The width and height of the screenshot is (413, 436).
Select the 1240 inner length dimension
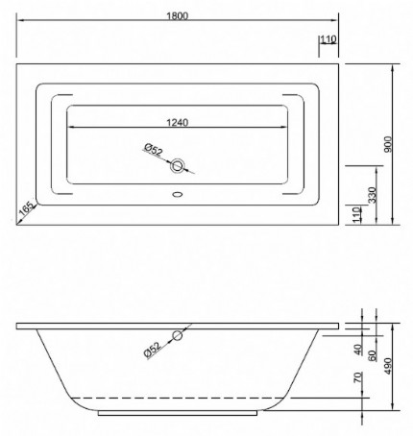pyautogui.click(x=176, y=122)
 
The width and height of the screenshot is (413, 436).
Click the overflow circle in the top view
pyautogui.click(x=178, y=166)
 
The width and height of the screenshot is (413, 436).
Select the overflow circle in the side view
pyautogui.click(x=178, y=336)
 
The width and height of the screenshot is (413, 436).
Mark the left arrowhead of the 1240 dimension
pyautogui.click(x=70, y=128)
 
